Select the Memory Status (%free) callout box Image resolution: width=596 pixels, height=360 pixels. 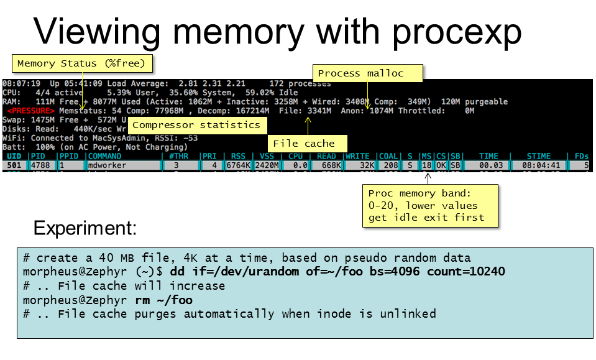[x=81, y=63]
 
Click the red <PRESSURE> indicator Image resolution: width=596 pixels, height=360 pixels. [x=30, y=111]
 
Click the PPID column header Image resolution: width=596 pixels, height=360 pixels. [x=70, y=156]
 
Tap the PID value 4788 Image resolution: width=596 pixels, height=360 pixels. [x=41, y=165]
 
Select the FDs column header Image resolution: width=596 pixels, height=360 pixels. [x=582, y=156]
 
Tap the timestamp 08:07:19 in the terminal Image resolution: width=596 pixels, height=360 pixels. [x=22, y=83]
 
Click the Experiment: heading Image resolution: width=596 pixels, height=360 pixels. [x=85, y=228]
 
